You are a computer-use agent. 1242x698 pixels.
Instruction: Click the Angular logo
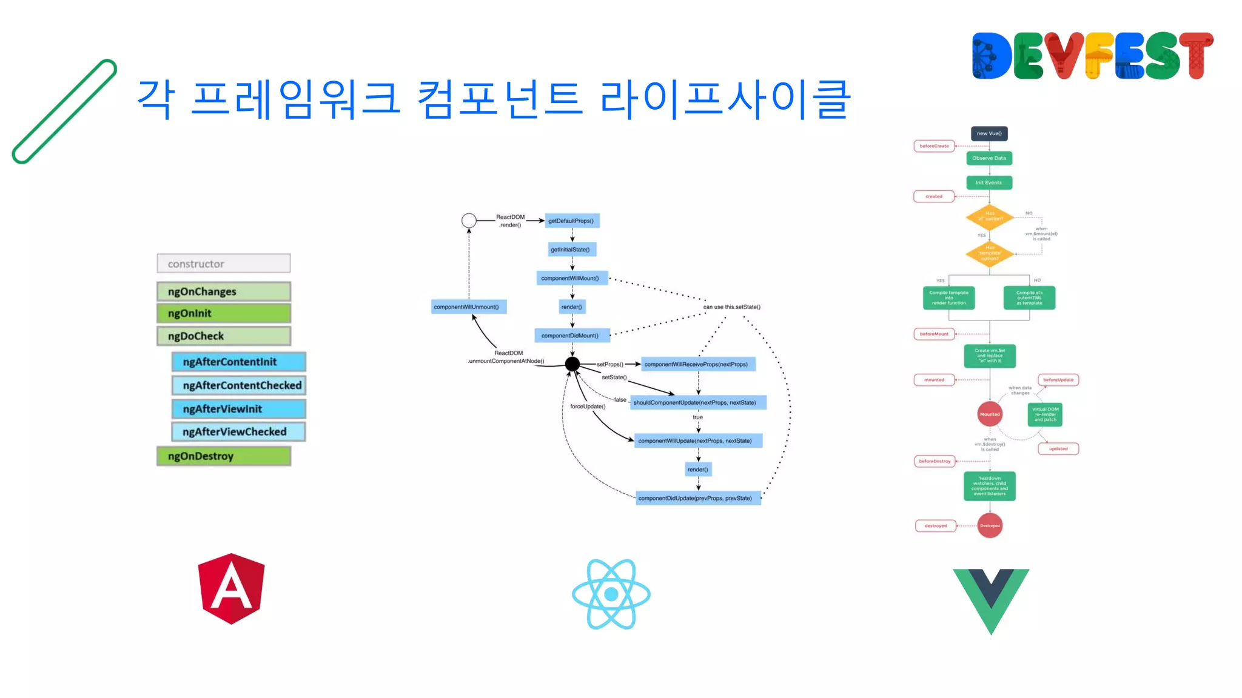(231, 588)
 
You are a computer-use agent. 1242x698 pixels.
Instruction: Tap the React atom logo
(611, 594)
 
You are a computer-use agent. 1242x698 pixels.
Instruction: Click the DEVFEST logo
(1092, 56)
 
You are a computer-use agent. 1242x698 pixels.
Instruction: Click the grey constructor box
(223, 264)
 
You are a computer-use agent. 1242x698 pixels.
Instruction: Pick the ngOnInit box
(223, 313)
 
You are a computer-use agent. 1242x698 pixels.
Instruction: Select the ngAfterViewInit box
(238, 409)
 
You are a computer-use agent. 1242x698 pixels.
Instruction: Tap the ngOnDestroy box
(223, 456)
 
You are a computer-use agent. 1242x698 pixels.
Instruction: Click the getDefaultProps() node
(572, 221)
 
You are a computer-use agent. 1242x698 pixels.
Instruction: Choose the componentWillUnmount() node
(468, 307)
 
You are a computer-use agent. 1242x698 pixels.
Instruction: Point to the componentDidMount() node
(571, 335)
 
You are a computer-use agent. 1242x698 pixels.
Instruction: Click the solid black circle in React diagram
(572, 364)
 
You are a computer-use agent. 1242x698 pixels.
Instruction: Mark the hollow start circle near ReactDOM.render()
(469, 221)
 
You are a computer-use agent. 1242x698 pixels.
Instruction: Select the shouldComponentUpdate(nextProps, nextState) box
(697, 402)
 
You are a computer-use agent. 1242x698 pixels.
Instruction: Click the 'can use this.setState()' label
(731, 307)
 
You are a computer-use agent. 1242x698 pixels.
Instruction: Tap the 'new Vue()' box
(989, 133)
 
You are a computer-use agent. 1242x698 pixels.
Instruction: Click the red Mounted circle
(990, 414)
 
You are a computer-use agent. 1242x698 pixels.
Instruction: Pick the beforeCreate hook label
(934, 146)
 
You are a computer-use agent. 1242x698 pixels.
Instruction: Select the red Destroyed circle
(990, 525)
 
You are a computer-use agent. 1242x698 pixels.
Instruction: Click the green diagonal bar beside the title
(64, 111)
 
